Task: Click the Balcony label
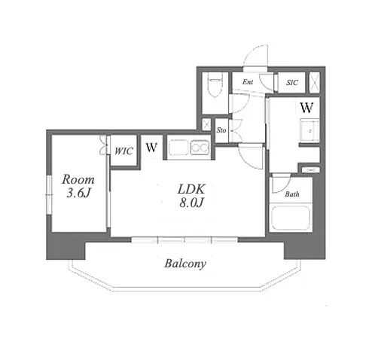(x=185, y=264)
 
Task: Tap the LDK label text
(x=191, y=189)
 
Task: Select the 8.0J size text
(x=191, y=203)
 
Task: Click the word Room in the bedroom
(x=78, y=179)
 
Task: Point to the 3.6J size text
(x=78, y=193)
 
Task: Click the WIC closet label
(x=123, y=151)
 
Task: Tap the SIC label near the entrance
(x=292, y=83)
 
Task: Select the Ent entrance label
(x=248, y=82)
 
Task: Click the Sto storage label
(x=221, y=130)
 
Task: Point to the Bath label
(x=292, y=194)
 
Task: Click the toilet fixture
(x=215, y=86)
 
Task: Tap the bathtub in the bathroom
(x=291, y=218)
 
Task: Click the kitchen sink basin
(x=178, y=148)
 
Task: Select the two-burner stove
(x=200, y=148)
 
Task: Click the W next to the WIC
(x=151, y=148)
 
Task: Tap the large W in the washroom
(x=306, y=108)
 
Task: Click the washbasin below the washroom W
(x=309, y=130)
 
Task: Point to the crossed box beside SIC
(x=314, y=82)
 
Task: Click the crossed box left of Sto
(x=206, y=124)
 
